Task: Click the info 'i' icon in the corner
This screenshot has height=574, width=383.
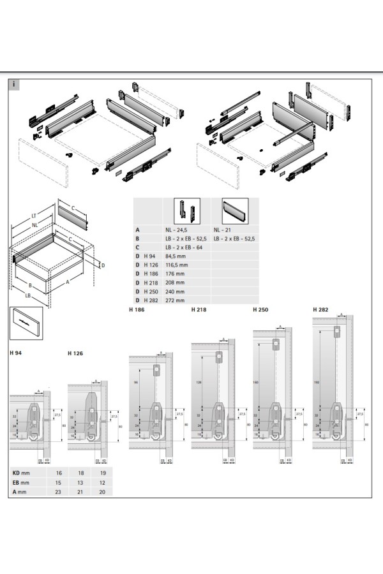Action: tap(15, 83)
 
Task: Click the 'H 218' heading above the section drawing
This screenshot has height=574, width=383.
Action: tap(199, 311)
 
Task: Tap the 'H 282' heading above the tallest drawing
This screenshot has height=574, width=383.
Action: tap(320, 309)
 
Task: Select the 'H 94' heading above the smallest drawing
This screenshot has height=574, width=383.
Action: tap(17, 353)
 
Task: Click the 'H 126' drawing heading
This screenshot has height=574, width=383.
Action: tap(75, 353)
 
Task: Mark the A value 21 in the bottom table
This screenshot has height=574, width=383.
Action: tap(80, 492)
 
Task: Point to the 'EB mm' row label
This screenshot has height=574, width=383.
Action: tap(22, 483)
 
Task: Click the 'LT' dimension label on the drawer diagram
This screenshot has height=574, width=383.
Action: tap(33, 216)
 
